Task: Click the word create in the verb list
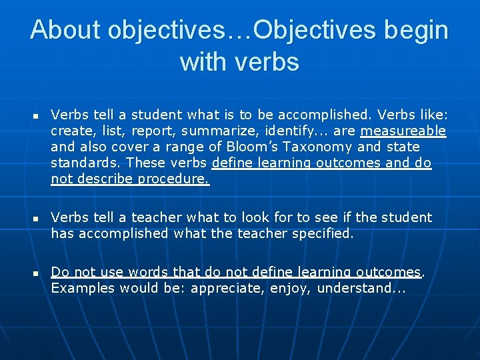(x=71, y=131)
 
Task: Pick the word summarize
(x=228, y=131)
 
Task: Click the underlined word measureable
(x=403, y=131)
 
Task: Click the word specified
(x=324, y=233)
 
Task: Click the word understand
(x=361, y=288)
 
